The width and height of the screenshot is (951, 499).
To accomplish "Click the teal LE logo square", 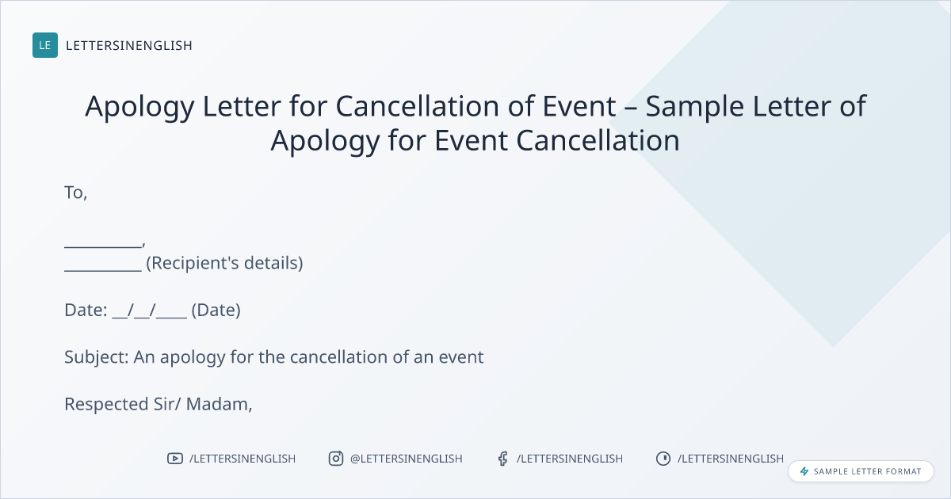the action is (x=45, y=45).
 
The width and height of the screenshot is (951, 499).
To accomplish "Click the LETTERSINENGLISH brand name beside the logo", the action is (x=129, y=45).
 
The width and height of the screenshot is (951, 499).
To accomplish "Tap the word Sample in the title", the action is (x=694, y=106).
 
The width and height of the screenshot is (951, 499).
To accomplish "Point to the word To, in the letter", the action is (x=75, y=192).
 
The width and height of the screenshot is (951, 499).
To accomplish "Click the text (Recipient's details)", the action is (x=224, y=263).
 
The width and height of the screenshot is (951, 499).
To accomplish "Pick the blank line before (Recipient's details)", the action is (x=103, y=270).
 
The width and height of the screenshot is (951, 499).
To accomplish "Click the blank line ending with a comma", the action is (x=105, y=246).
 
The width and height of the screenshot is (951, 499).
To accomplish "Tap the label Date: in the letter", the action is (x=86, y=310).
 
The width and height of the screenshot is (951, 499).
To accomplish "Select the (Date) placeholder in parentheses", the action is (x=216, y=310).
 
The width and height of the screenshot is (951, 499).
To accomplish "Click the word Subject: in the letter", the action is (x=97, y=357).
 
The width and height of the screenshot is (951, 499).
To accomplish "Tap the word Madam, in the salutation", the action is (x=219, y=405).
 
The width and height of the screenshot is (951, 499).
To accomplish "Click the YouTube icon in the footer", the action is (x=175, y=459).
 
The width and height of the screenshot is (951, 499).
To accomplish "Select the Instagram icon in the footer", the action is (x=336, y=459).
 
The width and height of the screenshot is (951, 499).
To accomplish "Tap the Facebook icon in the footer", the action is (x=503, y=459).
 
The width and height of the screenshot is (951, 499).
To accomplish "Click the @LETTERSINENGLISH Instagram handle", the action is (x=406, y=459).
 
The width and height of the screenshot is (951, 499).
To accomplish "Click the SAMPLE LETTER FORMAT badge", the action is (x=861, y=471).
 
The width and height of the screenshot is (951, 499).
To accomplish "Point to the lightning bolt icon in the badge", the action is (x=804, y=471).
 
